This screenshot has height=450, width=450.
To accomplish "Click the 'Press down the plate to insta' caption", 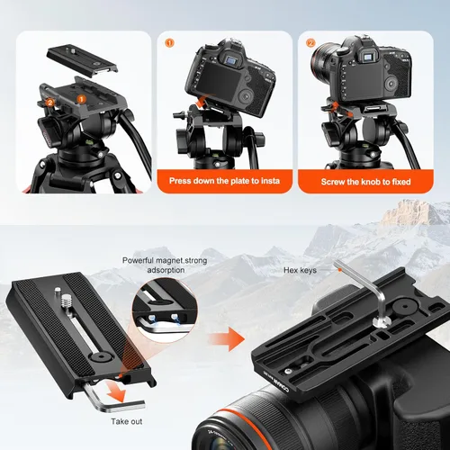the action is [x=224, y=181].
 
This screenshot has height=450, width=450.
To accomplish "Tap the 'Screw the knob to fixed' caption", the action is [x=365, y=182].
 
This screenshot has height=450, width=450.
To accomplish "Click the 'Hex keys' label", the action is [x=300, y=270].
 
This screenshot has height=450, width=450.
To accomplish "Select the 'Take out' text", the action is [x=127, y=421].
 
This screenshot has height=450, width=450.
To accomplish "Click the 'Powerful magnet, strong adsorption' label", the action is [x=165, y=265].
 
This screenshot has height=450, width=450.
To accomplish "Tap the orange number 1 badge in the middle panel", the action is [x=169, y=43].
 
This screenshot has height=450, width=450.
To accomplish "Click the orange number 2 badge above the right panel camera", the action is [x=310, y=43].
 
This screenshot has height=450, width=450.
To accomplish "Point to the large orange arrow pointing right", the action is [x=227, y=339].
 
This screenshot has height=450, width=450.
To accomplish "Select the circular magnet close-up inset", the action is [x=165, y=310].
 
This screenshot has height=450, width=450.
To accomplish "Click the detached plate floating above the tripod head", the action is [x=82, y=61].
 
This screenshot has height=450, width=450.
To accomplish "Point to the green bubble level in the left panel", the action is [x=90, y=142].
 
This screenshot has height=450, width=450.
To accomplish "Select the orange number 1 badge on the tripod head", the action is [x=81, y=99].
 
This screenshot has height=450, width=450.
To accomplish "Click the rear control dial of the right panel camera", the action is [x=391, y=84].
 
